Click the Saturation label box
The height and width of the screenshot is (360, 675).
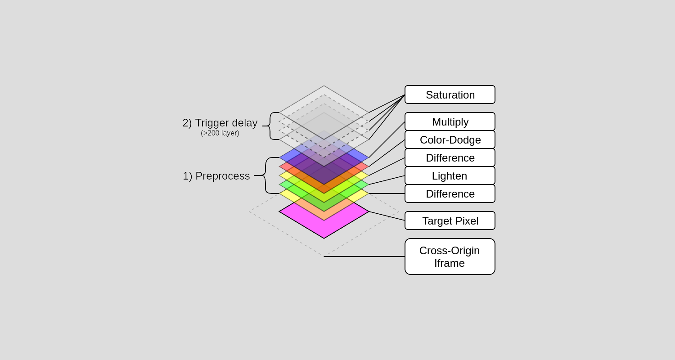(450, 94)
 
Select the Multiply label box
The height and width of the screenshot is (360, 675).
(450, 121)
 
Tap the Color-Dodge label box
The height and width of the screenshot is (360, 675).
(450, 139)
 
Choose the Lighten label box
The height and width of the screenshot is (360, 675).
(450, 175)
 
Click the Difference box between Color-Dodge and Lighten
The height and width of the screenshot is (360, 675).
(450, 157)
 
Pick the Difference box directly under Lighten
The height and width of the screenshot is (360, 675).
(450, 193)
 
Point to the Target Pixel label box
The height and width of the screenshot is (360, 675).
(450, 220)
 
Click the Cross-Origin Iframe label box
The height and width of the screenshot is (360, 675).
(450, 256)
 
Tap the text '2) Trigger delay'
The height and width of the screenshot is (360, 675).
(220, 123)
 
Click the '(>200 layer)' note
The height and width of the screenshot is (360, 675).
(220, 133)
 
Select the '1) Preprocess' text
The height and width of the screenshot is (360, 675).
(216, 176)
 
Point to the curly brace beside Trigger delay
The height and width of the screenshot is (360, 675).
(270, 126)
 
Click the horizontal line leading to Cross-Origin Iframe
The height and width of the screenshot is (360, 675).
(364, 256)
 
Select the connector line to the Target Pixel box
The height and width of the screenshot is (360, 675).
(387, 216)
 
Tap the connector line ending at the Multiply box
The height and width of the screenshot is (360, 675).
(387, 139)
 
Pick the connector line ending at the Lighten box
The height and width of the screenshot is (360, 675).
(387, 180)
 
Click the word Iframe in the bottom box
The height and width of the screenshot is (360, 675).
(449, 263)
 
